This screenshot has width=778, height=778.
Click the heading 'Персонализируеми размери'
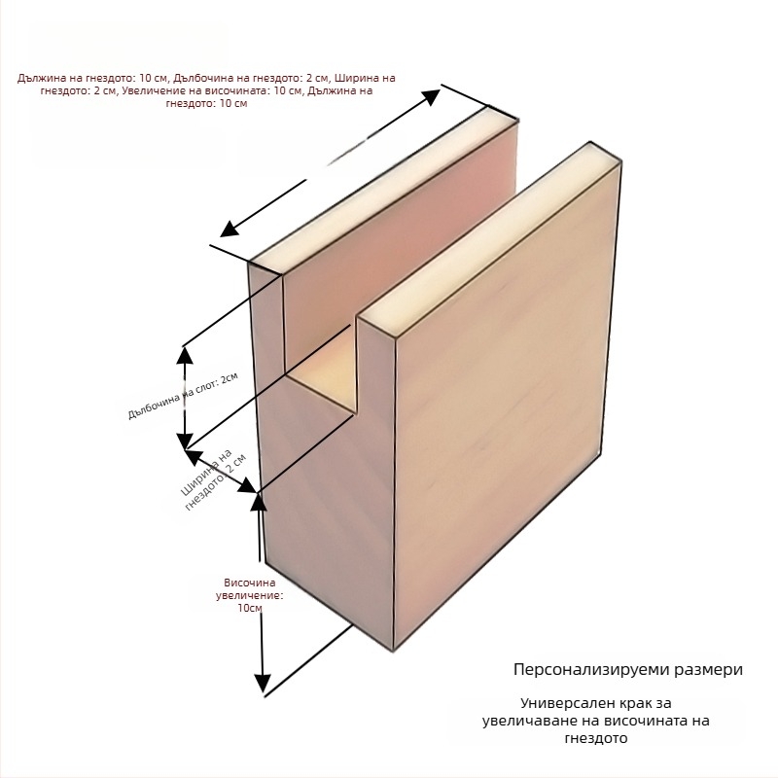[x=627, y=669]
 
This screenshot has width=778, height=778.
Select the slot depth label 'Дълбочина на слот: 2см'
[x=183, y=396]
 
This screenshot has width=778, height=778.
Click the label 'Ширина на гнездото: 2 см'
[x=213, y=479]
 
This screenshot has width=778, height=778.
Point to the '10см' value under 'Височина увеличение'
[x=250, y=608]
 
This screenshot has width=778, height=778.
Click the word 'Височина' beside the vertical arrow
[x=250, y=583]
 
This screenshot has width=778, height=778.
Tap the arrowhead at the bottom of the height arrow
[x=263, y=683]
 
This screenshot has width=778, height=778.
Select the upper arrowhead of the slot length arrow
[x=431, y=96]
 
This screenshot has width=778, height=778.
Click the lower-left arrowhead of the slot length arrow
[x=230, y=230]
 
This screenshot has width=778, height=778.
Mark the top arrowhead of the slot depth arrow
[x=185, y=355]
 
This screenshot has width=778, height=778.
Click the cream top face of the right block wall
[x=490, y=237]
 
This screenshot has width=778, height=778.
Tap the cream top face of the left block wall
[x=383, y=190]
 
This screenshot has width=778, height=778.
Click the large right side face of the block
[x=506, y=402]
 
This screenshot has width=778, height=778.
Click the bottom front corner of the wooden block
[x=394, y=650]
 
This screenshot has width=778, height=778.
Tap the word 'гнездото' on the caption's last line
[x=596, y=738]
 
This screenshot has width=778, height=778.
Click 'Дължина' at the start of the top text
[x=36, y=78]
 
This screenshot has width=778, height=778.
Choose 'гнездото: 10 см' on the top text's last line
[x=206, y=103]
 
